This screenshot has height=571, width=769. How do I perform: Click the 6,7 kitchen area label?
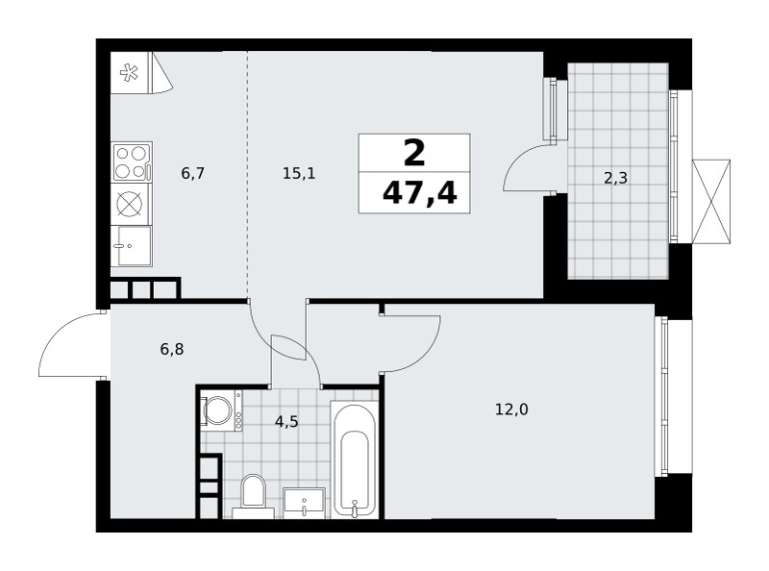point(192,173)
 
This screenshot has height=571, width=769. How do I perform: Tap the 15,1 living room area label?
point(299,173)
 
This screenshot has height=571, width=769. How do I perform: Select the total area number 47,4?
point(419,193)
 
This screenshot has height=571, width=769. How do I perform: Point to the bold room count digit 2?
point(414,153)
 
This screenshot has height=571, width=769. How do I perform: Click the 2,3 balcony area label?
point(615,178)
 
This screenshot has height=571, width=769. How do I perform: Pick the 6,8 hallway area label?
point(172,349)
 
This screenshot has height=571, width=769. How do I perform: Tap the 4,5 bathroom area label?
point(286,421)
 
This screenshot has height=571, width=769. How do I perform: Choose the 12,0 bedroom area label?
point(511,410)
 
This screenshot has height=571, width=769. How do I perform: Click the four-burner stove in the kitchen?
point(132,162)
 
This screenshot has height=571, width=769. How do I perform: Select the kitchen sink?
point(132,246)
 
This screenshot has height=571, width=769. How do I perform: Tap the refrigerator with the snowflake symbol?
point(130,73)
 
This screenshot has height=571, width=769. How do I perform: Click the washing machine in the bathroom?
point(222,410)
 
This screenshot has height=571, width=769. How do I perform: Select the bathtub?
point(355,459)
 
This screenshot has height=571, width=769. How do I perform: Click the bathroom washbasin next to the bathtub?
point(304,503)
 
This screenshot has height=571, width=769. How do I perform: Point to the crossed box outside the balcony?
point(711,201)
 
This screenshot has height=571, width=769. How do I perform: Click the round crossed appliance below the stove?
point(132,204)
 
